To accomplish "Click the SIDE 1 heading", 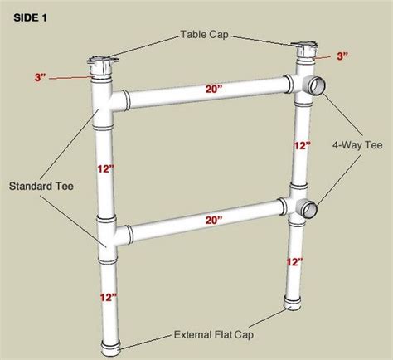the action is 31,18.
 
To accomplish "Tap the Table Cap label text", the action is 205,35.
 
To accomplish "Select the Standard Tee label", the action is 41,186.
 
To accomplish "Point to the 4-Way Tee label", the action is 357,145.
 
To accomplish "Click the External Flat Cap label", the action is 214,335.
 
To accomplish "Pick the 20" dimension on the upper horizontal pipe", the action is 214,89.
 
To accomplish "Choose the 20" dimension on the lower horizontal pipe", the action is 214,221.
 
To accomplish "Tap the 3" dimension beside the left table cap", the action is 41,78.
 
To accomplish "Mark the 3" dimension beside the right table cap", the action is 342,56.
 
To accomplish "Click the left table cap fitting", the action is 103,66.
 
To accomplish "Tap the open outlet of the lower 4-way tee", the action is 309,209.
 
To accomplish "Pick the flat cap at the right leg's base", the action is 293,304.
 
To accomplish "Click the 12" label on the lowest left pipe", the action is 109,298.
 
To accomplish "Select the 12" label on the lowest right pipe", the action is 294,262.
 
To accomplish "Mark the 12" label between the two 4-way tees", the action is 302,145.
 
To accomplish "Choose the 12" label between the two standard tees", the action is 105,168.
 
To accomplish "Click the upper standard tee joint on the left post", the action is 105,105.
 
